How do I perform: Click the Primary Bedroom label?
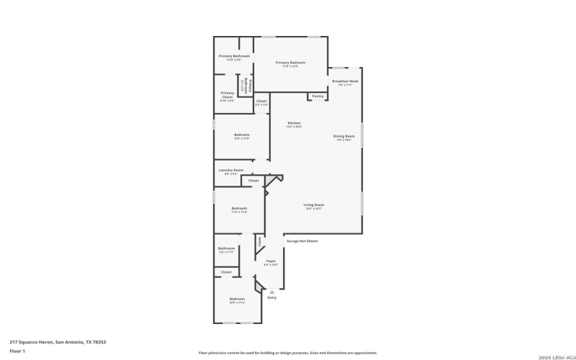tap(290, 63)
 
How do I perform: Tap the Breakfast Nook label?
tap(345, 81)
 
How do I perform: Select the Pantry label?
tap(318, 96)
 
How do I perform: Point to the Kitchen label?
tap(294, 123)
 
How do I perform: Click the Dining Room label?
tap(343, 136)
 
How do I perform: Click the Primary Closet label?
tap(228, 95)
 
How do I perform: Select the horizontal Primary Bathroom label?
tap(234, 56)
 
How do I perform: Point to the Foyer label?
tap(271, 261)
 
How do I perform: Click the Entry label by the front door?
tap(271, 297)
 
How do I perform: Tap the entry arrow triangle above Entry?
tap(271, 291)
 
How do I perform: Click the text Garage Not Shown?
tap(302, 241)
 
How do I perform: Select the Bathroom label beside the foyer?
tap(226, 248)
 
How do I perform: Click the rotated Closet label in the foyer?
tap(259, 241)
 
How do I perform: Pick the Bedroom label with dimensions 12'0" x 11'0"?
tap(241, 135)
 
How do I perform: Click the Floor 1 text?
tap(17, 351)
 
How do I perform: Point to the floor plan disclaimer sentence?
tap(287, 353)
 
